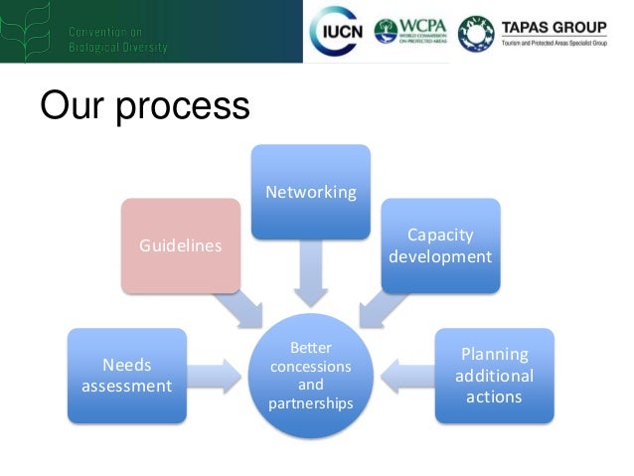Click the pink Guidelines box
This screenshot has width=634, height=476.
[x=180, y=245]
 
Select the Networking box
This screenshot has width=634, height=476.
[x=310, y=192]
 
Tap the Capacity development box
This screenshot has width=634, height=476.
[x=439, y=245]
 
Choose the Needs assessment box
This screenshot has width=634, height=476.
[x=126, y=375]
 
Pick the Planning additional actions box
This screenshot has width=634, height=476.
[x=494, y=375]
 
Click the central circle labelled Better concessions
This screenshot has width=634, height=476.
[x=310, y=376]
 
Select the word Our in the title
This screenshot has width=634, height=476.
[x=73, y=105]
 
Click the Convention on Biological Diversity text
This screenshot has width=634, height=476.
[x=117, y=40]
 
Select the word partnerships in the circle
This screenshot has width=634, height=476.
[x=310, y=402]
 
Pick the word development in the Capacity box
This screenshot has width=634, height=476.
[x=439, y=256]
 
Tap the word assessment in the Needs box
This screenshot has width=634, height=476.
[x=126, y=386]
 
